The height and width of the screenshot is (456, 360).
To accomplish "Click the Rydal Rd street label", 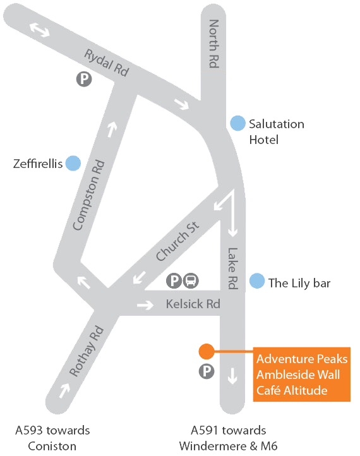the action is (106, 63).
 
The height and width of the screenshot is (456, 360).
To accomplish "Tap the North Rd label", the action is (213, 44).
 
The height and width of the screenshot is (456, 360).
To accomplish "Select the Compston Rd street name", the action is (88, 195).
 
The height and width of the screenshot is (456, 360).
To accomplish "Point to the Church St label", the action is (177, 241).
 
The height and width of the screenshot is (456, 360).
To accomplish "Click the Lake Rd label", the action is (232, 268).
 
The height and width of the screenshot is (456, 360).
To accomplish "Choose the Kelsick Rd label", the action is (193, 304).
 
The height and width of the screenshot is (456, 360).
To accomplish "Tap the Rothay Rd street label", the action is (87, 351).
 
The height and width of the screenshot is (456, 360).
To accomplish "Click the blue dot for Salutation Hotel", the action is (238, 123).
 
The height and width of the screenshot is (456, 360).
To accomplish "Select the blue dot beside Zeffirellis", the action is (73, 163).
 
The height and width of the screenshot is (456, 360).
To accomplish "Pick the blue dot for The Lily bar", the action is (257, 281).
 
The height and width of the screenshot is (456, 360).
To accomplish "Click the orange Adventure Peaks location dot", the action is (207, 351).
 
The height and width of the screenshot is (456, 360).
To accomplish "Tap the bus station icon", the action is (191, 280).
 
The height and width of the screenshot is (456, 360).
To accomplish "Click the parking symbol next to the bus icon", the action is (174, 280).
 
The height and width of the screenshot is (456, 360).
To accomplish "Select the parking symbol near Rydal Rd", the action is (84, 79).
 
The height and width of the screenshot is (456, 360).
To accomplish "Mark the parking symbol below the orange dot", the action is (207, 371).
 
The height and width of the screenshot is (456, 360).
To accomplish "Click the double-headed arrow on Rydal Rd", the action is (40, 30).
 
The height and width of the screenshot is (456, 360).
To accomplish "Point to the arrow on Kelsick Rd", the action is (145, 305).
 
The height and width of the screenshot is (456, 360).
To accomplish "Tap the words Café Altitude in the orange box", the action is (292, 390).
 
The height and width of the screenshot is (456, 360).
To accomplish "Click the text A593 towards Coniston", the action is (52, 438).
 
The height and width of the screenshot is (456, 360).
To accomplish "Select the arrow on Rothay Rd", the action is (64, 390).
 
